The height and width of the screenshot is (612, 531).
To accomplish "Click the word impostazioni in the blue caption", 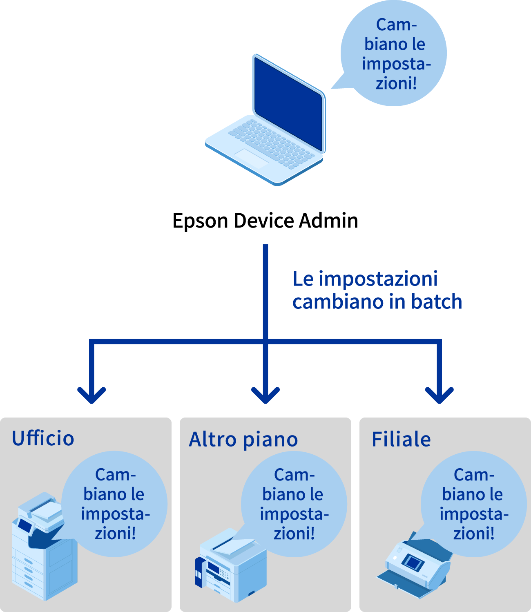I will point(378,279).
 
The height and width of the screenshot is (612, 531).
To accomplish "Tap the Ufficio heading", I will point(43,438).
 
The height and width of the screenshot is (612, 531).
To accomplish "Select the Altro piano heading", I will point(243,440).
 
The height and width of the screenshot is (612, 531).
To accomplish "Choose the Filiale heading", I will point(401,440).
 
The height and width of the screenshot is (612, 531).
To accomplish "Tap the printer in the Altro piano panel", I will point(231,566).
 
